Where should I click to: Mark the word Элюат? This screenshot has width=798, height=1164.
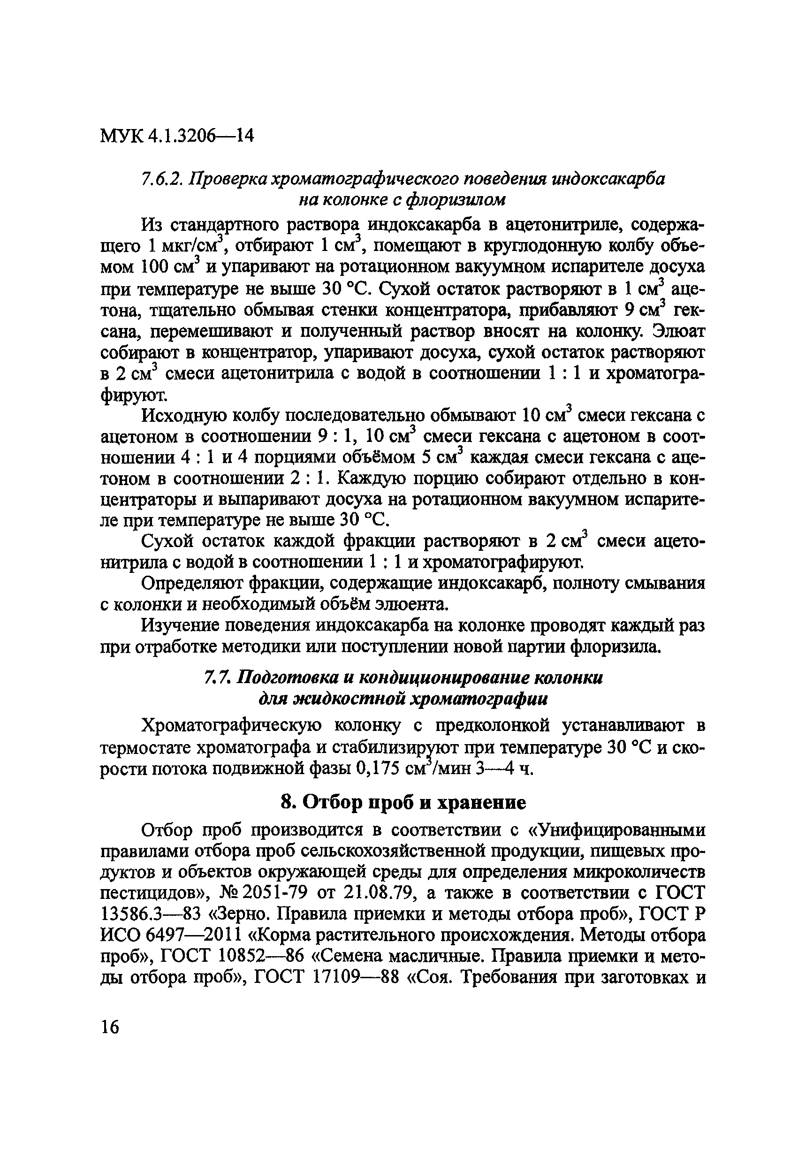[679, 332]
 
